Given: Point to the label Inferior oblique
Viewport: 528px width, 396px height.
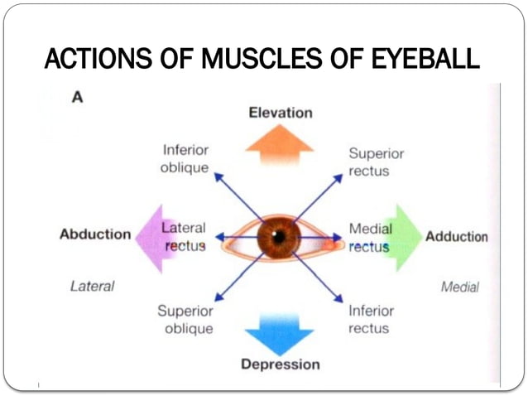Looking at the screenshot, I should pos(185,157).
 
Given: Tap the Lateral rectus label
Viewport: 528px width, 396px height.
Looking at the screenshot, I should pos(184,236).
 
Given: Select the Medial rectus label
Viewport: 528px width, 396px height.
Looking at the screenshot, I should pos(369,237).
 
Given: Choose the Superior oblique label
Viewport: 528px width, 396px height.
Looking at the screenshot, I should pos(185,320).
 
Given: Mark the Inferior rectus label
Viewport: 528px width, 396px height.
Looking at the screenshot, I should pos(369,320).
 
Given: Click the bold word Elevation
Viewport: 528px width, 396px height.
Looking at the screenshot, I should pos(281,113).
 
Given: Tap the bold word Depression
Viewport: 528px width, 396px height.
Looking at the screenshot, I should pos(280,365).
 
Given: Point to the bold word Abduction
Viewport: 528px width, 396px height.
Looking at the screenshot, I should pos(95,234).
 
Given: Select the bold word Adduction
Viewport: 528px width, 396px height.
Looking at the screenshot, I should pos(456,237).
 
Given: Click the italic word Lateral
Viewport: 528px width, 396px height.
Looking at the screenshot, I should pos(93,287).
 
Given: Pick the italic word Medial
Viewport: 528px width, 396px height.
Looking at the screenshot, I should pos(459,287).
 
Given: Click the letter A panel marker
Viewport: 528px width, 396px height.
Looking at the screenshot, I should pos(77,97).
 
